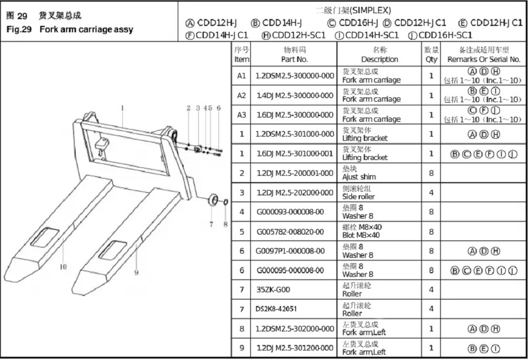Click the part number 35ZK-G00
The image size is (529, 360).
[x=273, y=290]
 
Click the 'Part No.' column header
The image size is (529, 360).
[x=295, y=55]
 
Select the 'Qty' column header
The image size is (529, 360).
[x=431, y=55]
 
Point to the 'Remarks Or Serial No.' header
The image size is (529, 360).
[x=484, y=55]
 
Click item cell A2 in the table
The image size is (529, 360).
[x=242, y=95]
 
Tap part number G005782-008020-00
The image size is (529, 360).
[x=290, y=231]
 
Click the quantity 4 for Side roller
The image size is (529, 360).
[x=431, y=192]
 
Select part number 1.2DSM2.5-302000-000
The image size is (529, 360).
[x=295, y=329]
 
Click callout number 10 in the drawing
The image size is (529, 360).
[x=63, y=267]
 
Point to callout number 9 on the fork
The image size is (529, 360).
[x=136, y=273]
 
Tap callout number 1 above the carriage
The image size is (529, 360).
[x=122, y=107]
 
